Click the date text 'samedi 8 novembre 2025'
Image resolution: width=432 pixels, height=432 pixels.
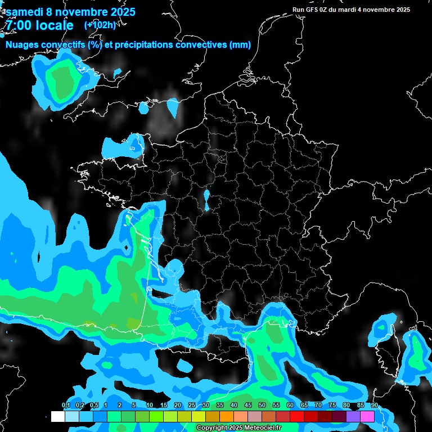[70, 11]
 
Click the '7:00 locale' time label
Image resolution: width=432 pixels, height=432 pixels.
[39, 25]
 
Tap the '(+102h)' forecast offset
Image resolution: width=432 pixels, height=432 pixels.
[100, 25]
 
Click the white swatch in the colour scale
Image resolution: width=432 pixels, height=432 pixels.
[57, 416]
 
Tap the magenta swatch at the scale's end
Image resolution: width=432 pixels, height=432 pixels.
[367, 416]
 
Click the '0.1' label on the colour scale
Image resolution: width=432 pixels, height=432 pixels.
[66, 406]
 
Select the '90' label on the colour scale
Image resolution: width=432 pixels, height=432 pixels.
[375, 406]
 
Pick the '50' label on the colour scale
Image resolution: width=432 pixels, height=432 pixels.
[262, 406]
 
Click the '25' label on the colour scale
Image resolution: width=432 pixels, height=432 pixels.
[192, 406]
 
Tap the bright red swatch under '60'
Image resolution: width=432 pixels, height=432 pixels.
[297, 416]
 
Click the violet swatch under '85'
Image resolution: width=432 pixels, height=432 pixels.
[353, 416]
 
